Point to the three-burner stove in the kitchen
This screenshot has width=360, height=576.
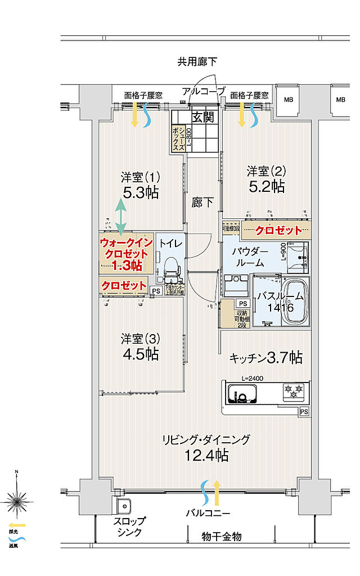pyautogui.click(x=294, y=390)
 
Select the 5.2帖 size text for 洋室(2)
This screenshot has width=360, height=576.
pyautogui.click(x=265, y=187)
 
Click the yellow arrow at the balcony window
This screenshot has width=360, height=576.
pyautogui.click(x=217, y=492)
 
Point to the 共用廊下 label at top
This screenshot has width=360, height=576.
pyautogui.click(x=197, y=62)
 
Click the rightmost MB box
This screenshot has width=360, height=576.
pyautogui.click(x=341, y=100)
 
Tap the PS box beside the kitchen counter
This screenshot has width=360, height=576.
pyautogui.click(x=304, y=411)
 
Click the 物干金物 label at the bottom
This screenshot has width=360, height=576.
pyautogui.click(x=222, y=537)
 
